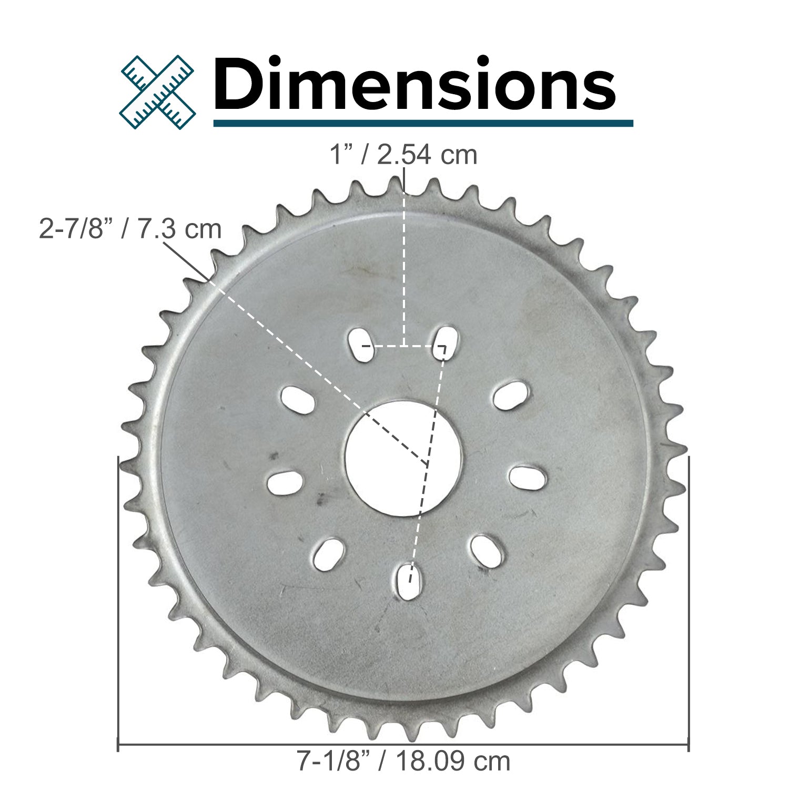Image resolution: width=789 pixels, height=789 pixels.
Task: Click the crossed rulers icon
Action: (157, 92)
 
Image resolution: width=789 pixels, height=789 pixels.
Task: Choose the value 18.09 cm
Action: (453, 761)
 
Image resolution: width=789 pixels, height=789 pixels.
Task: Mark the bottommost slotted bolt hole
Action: (409, 581)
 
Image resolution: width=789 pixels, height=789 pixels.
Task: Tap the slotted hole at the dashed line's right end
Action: (446, 343)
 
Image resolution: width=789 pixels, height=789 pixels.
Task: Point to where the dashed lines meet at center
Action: (427, 464)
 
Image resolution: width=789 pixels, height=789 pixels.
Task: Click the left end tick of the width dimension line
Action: (117, 744)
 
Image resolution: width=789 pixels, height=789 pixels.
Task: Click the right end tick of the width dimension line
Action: (689, 744)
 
